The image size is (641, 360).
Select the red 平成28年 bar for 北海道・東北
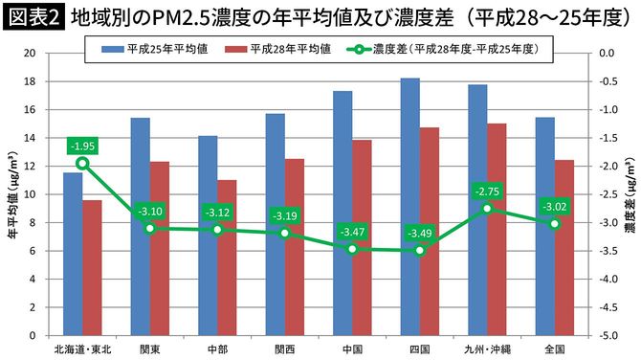92,267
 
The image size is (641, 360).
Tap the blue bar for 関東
140,226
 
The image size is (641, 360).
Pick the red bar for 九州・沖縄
497,229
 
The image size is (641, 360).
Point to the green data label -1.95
82,146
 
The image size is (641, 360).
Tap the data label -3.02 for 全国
554,206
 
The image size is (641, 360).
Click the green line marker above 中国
351,249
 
